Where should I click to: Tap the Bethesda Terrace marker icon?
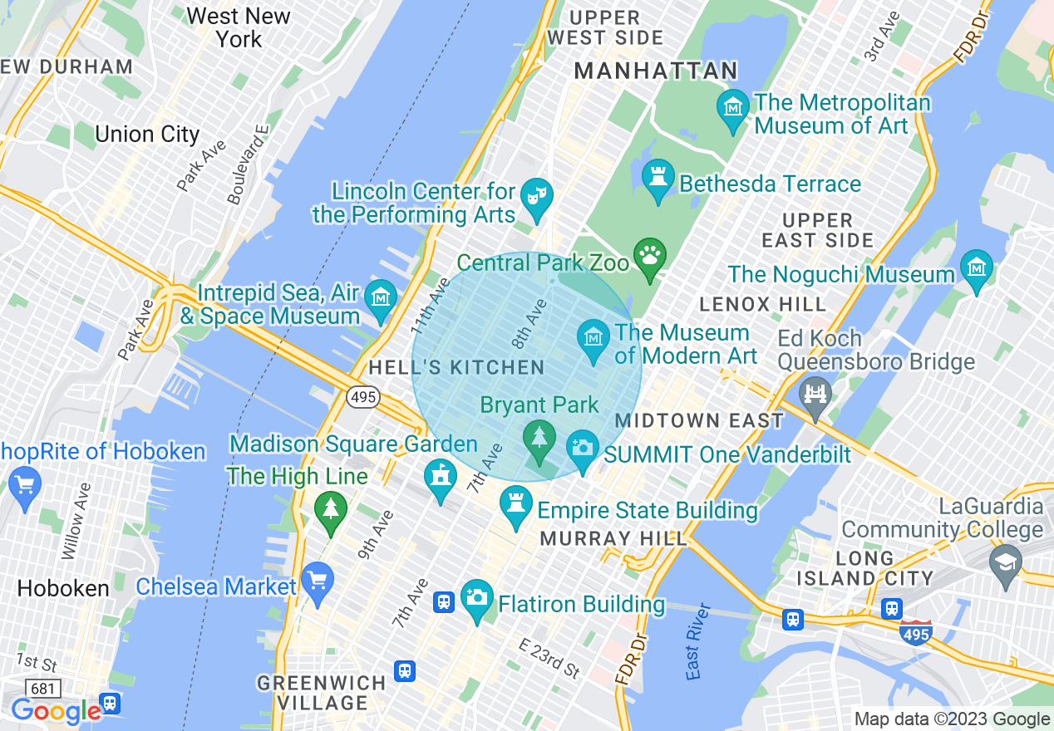pyautogui.click(x=658, y=179)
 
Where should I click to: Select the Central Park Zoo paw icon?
pyautogui.click(x=649, y=256)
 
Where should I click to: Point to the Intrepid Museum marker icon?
pyautogui.click(x=381, y=298)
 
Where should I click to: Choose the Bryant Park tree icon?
pyautogui.click(x=539, y=439)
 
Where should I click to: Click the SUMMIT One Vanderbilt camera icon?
pyautogui.click(x=583, y=449)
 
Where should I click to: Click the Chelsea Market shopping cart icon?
pyautogui.click(x=317, y=581)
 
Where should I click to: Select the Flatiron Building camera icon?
pyautogui.click(x=477, y=598)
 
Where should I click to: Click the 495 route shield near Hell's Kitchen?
pyautogui.click(x=362, y=398)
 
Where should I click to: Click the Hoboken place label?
pyautogui.click(x=63, y=589)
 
